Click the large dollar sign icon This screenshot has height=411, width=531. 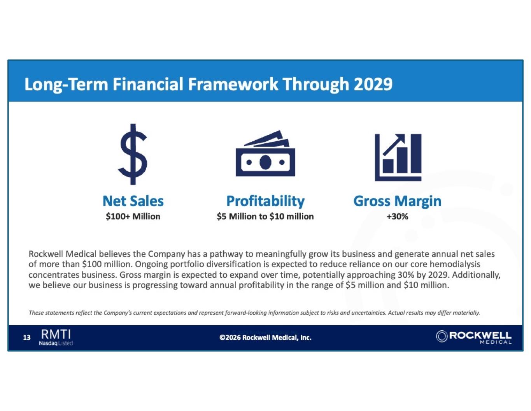tap(133, 154)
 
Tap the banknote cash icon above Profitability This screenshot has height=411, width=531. tap(265, 153)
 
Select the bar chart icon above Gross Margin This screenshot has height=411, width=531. tap(398, 157)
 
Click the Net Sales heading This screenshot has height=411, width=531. tap(133, 201)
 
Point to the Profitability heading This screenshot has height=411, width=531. tap(265, 202)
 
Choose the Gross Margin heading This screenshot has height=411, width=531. tap(398, 202)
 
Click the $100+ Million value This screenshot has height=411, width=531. tap(133, 217)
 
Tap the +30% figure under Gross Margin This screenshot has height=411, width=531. tap(397, 217)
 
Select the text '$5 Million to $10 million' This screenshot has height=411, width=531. tap(265, 217)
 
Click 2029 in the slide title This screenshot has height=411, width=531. tap(373, 84)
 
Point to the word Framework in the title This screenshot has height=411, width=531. tap(233, 84)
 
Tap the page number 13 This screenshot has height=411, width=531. tap(26, 338)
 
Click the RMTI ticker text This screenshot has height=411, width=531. tap(56, 334)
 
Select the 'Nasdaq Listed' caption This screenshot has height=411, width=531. tap(56, 343)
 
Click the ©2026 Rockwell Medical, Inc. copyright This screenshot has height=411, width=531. tap(265, 338)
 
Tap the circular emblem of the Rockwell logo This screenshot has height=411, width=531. tap(442, 336)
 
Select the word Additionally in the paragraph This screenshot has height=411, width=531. tap(476, 275)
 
